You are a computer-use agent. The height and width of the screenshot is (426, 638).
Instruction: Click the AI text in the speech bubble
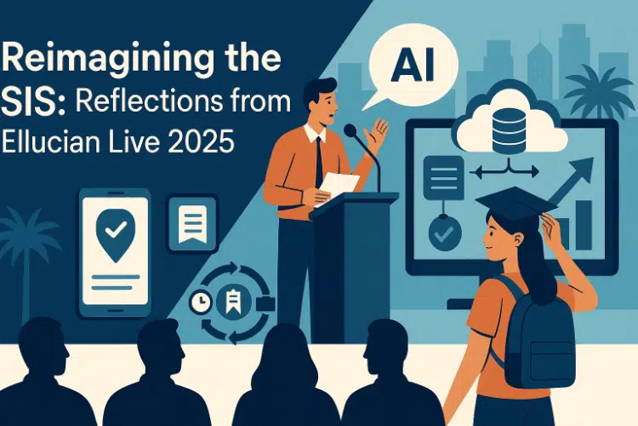pyautogui.click(x=413, y=66)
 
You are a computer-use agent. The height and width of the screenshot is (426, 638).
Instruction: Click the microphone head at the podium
pyautogui.click(x=350, y=130)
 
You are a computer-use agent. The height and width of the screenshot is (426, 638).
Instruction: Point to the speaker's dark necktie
pyautogui.click(x=319, y=161)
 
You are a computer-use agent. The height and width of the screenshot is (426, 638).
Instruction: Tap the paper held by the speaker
pyautogui.click(x=337, y=187)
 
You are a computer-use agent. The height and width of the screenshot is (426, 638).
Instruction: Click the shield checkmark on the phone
pyautogui.click(x=116, y=234)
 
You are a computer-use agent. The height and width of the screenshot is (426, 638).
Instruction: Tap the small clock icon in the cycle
pyautogui.click(x=201, y=302)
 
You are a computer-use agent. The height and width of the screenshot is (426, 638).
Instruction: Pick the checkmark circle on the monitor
pyautogui.click(x=445, y=233)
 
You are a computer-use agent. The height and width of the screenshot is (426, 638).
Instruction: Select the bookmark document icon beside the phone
pyautogui.click(x=192, y=223)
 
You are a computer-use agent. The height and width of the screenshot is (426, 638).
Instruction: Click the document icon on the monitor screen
pyautogui.click(x=443, y=178)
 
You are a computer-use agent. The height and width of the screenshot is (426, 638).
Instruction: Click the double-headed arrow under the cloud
pyautogui.click(x=504, y=172)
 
